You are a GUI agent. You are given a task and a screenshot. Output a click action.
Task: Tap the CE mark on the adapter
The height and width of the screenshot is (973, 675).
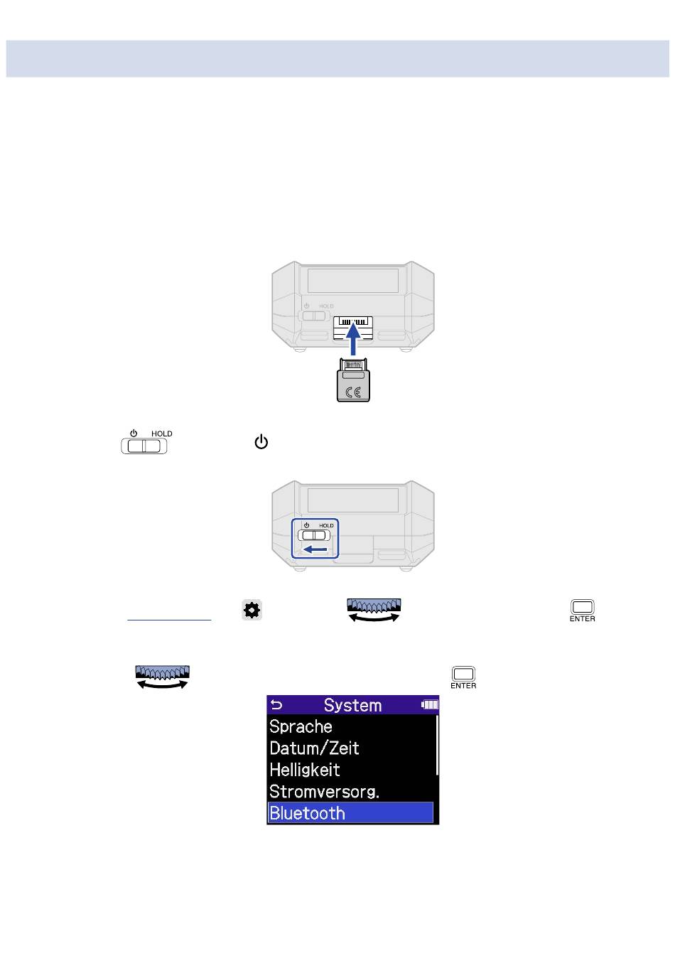[353, 392]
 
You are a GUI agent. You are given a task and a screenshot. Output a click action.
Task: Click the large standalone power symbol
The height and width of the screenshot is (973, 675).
[261, 442]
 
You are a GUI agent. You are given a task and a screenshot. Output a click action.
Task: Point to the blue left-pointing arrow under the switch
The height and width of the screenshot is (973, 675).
[315, 550]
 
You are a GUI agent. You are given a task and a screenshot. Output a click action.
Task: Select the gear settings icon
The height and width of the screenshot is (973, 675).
[252, 611]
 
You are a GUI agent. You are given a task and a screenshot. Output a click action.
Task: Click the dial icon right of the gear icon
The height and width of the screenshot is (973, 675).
[374, 610]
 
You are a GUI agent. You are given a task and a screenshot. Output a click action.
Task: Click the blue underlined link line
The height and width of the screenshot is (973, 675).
[169, 620]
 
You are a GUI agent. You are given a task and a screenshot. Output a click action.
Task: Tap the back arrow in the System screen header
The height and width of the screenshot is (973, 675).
[276, 704]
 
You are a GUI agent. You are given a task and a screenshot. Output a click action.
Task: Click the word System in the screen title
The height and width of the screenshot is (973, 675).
[352, 705]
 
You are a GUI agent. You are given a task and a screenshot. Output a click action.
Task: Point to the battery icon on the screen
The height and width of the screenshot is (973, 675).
[430, 704]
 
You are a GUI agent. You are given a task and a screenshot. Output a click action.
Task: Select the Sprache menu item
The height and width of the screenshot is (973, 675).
[301, 726]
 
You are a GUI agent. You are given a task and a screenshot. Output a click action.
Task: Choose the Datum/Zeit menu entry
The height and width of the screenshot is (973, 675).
[314, 748]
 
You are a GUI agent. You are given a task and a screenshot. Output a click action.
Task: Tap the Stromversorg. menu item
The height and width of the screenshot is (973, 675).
[325, 792]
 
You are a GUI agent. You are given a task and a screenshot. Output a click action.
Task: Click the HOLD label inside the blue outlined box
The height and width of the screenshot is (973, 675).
[326, 526]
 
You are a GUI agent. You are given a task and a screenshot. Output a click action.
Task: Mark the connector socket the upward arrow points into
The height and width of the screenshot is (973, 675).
[352, 328]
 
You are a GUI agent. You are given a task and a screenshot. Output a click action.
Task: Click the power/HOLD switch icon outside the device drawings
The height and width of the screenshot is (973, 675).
[144, 442]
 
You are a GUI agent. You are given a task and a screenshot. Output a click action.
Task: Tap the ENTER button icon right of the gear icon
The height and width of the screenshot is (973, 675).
[582, 611]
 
